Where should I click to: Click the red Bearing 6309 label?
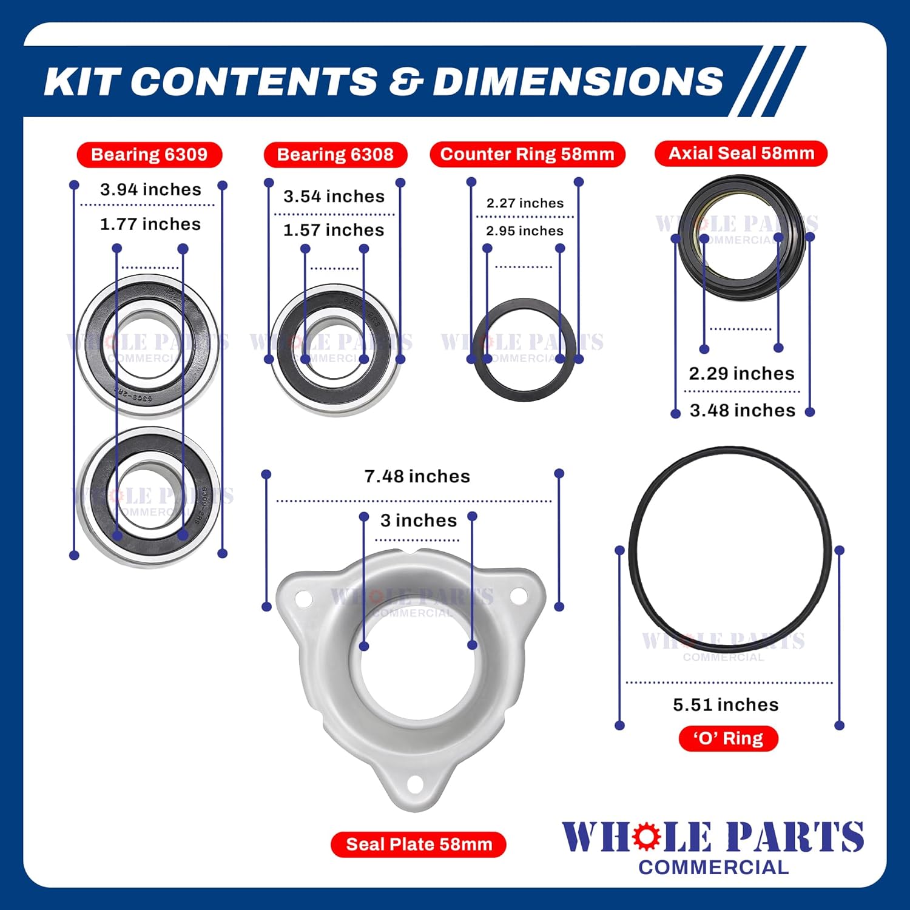[x=149, y=155]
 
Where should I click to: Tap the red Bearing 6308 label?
[x=335, y=155]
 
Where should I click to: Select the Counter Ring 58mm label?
[x=527, y=154]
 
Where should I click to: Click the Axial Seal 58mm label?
[x=741, y=153]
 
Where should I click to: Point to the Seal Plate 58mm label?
[x=419, y=844]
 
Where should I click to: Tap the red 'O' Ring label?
[x=728, y=738]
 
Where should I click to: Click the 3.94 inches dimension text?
[x=150, y=189]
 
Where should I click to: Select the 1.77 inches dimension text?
[x=150, y=224]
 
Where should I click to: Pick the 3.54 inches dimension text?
[x=334, y=197]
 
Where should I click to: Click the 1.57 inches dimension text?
[x=334, y=231]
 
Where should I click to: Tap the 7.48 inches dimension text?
[x=417, y=476]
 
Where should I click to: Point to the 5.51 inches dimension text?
[x=726, y=704]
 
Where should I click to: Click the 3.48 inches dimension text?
[x=743, y=411]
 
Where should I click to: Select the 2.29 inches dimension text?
[x=742, y=373]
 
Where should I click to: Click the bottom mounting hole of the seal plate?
[x=415, y=785]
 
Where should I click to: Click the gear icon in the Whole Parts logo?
[x=647, y=837]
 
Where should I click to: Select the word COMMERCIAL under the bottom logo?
[x=713, y=868]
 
